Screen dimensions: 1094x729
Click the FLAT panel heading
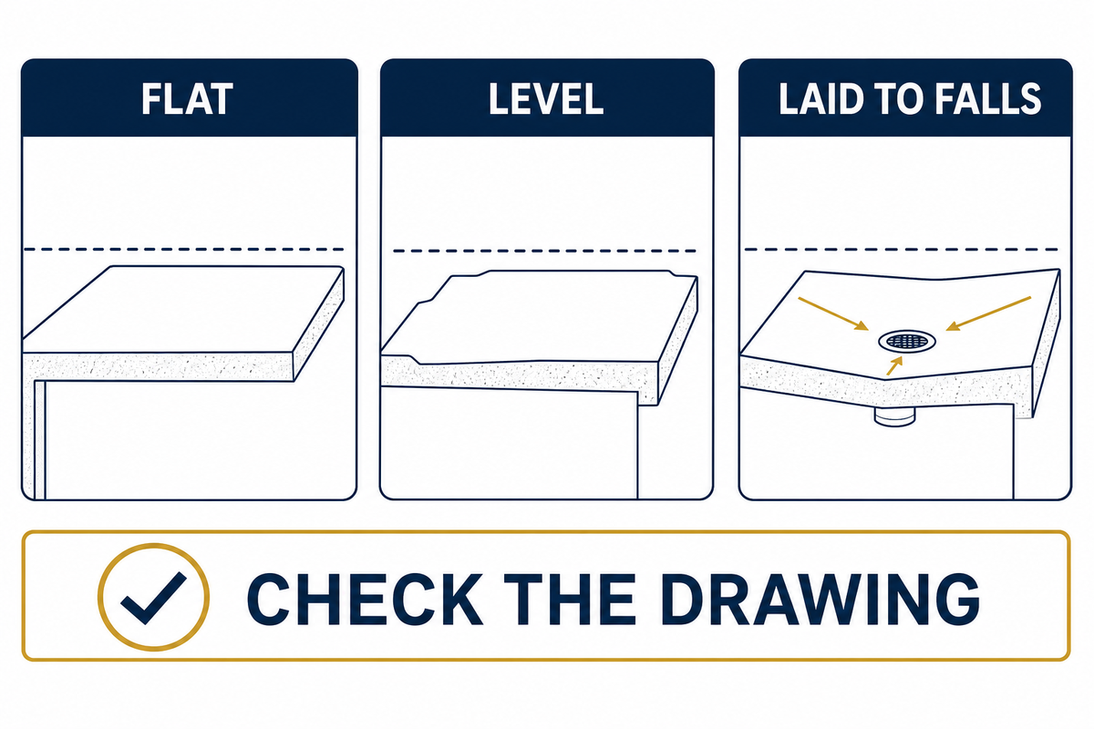(187, 99)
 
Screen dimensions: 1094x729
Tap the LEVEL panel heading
(546, 99)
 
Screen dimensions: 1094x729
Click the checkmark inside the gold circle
(153, 600)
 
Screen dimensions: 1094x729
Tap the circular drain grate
(907, 341)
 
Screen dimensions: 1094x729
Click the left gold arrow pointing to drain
(832, 313)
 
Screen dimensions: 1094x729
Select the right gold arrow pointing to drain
(988, 313)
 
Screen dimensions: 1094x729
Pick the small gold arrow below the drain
(894, 365)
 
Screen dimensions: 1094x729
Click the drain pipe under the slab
(894, 417)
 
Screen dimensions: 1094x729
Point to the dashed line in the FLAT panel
(183, 250)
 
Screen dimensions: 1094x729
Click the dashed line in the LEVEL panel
(544, 251)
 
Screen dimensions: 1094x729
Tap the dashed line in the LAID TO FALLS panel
(902, 250)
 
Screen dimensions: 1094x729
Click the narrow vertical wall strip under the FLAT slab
(40, 439)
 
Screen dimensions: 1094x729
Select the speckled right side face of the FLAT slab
(319, 324)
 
